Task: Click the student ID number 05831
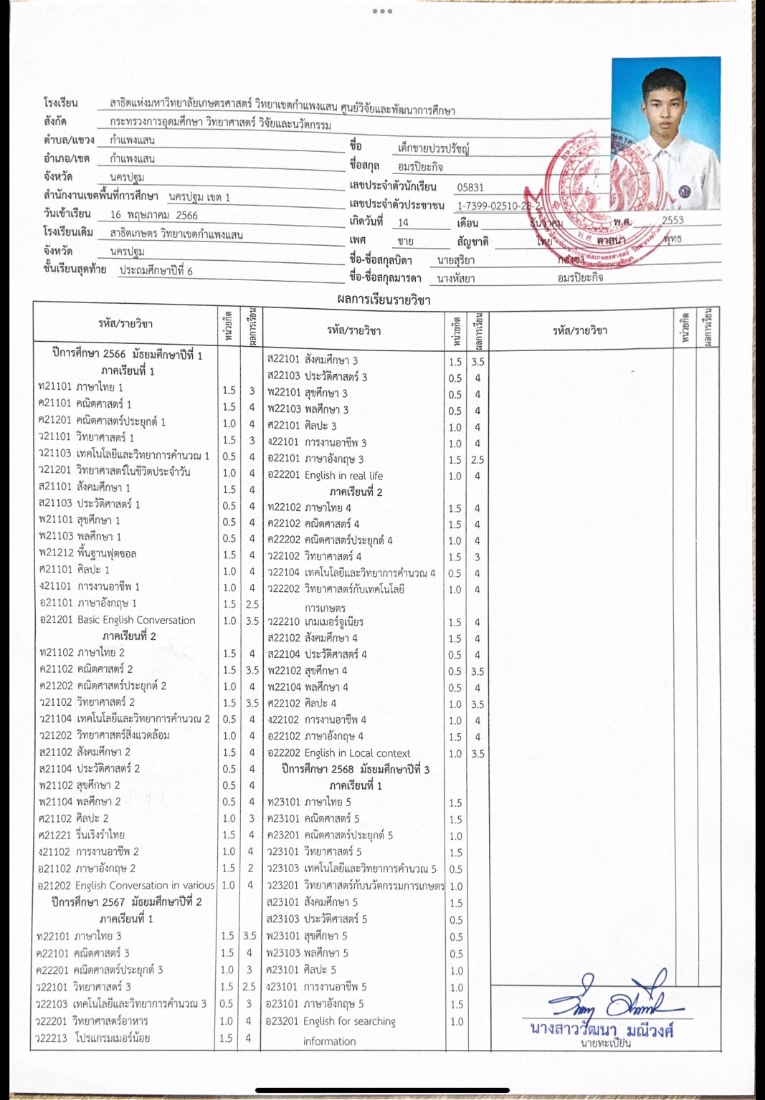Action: [470, 187]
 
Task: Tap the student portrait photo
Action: [665, 133]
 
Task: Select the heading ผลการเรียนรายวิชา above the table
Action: [384, 300]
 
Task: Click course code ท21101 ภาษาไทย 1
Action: [80, 388]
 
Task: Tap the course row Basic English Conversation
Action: [118, 620]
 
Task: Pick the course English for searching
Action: [331, 1021]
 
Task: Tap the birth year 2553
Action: [673, 221]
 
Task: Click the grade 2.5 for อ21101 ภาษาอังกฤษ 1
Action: [252, 604]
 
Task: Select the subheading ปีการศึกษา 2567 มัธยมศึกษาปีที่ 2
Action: [127, 901]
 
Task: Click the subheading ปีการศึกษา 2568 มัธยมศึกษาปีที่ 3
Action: [356, 770]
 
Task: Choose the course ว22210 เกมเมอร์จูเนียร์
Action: [315, 622]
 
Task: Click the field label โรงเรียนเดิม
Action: [68, 232]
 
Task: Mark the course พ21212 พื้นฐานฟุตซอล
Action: [87, 554]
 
